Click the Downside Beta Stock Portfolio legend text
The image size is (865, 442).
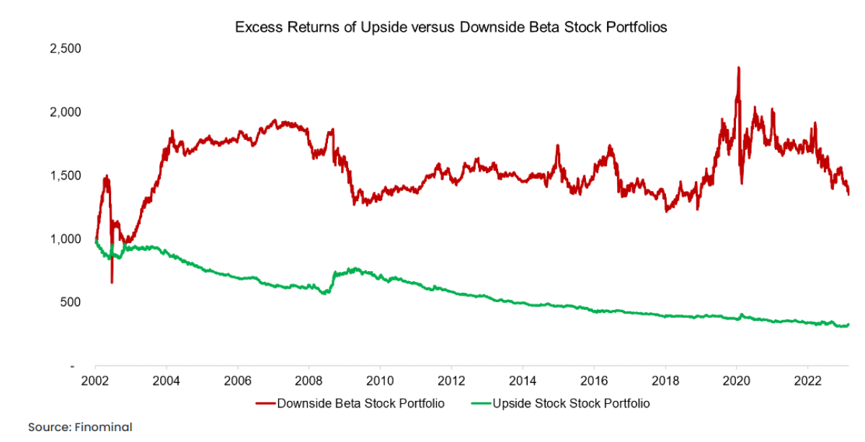coord(361,403)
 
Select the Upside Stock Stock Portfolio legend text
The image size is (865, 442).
coord(571,403)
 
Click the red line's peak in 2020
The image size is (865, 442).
coord(738,68)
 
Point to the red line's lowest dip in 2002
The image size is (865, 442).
coord(112,282)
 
